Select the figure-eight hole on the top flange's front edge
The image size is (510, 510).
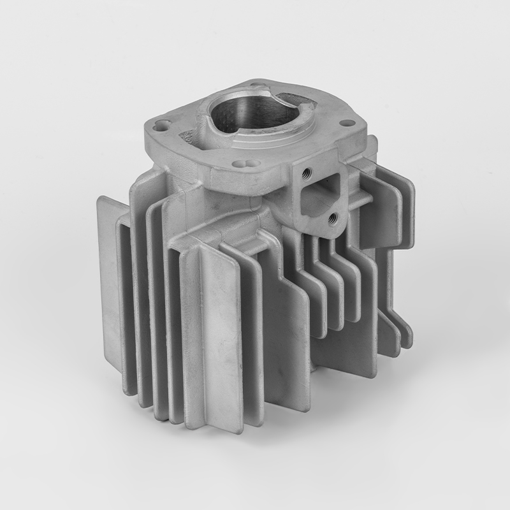click(249, 163)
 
